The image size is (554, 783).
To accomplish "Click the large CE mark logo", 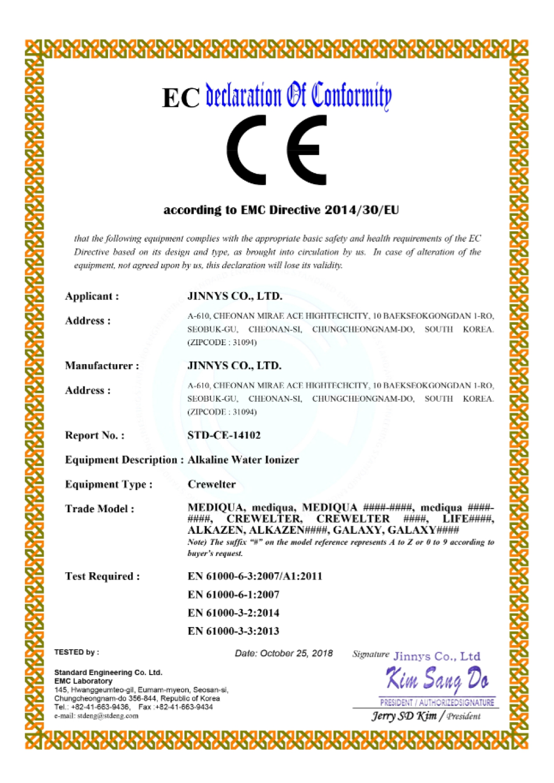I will click(276, 150).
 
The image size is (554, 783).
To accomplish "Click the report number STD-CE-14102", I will click(224, 435).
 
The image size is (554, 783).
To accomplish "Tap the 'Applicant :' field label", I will click(92, 297).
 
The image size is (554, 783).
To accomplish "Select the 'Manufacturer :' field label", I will click(102, 366).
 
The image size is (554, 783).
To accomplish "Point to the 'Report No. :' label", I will click(95, 435).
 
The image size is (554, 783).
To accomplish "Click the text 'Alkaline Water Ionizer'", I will click(243, 460).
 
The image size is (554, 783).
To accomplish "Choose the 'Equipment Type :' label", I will click(109, 485).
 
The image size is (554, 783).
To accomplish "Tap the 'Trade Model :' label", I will click(100, 509).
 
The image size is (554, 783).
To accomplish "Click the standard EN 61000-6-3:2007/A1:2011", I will click(255, 577).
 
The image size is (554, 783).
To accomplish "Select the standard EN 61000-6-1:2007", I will click(233, 595).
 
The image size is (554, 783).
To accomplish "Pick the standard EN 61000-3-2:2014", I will click(233, 613).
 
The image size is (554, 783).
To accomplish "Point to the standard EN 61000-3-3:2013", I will click(233, 631).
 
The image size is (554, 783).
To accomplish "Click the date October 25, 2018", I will click(284, 654).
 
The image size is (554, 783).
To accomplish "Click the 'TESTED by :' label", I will click(76, 652).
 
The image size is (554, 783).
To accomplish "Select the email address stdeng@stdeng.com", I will click(96, 716).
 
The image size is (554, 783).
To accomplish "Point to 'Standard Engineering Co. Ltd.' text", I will click(108, 673).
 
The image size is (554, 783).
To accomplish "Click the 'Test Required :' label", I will click(102, 577).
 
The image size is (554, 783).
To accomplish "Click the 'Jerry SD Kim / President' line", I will click(425, 716).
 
